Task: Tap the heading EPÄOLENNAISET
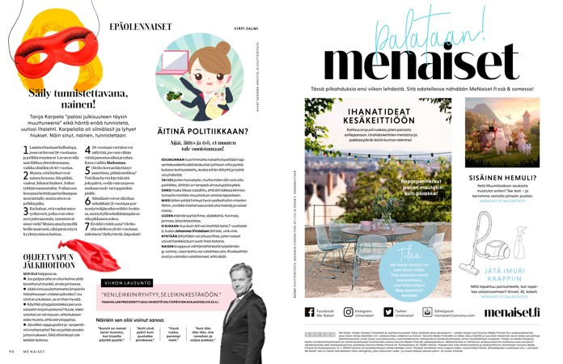tap(139, 28)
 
